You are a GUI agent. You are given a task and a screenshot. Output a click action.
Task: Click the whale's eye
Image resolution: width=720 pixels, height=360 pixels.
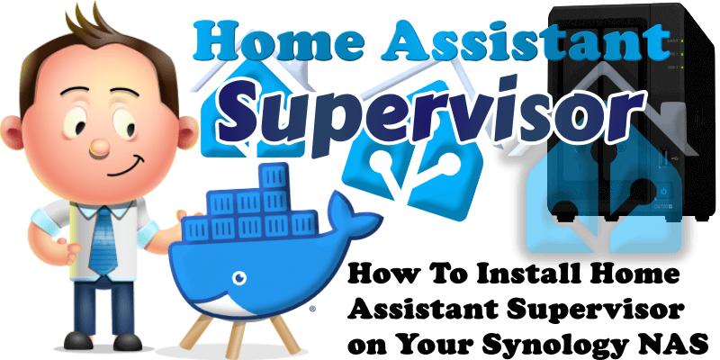tap(239, 278)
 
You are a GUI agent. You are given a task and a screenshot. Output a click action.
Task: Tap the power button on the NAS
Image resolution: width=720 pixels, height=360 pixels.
tap(663, 190)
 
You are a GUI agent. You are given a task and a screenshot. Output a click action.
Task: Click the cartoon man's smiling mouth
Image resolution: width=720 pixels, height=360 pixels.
tap(126, 166)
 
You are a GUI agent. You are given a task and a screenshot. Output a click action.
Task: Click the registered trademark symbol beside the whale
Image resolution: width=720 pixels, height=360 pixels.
tap(312, 310)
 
